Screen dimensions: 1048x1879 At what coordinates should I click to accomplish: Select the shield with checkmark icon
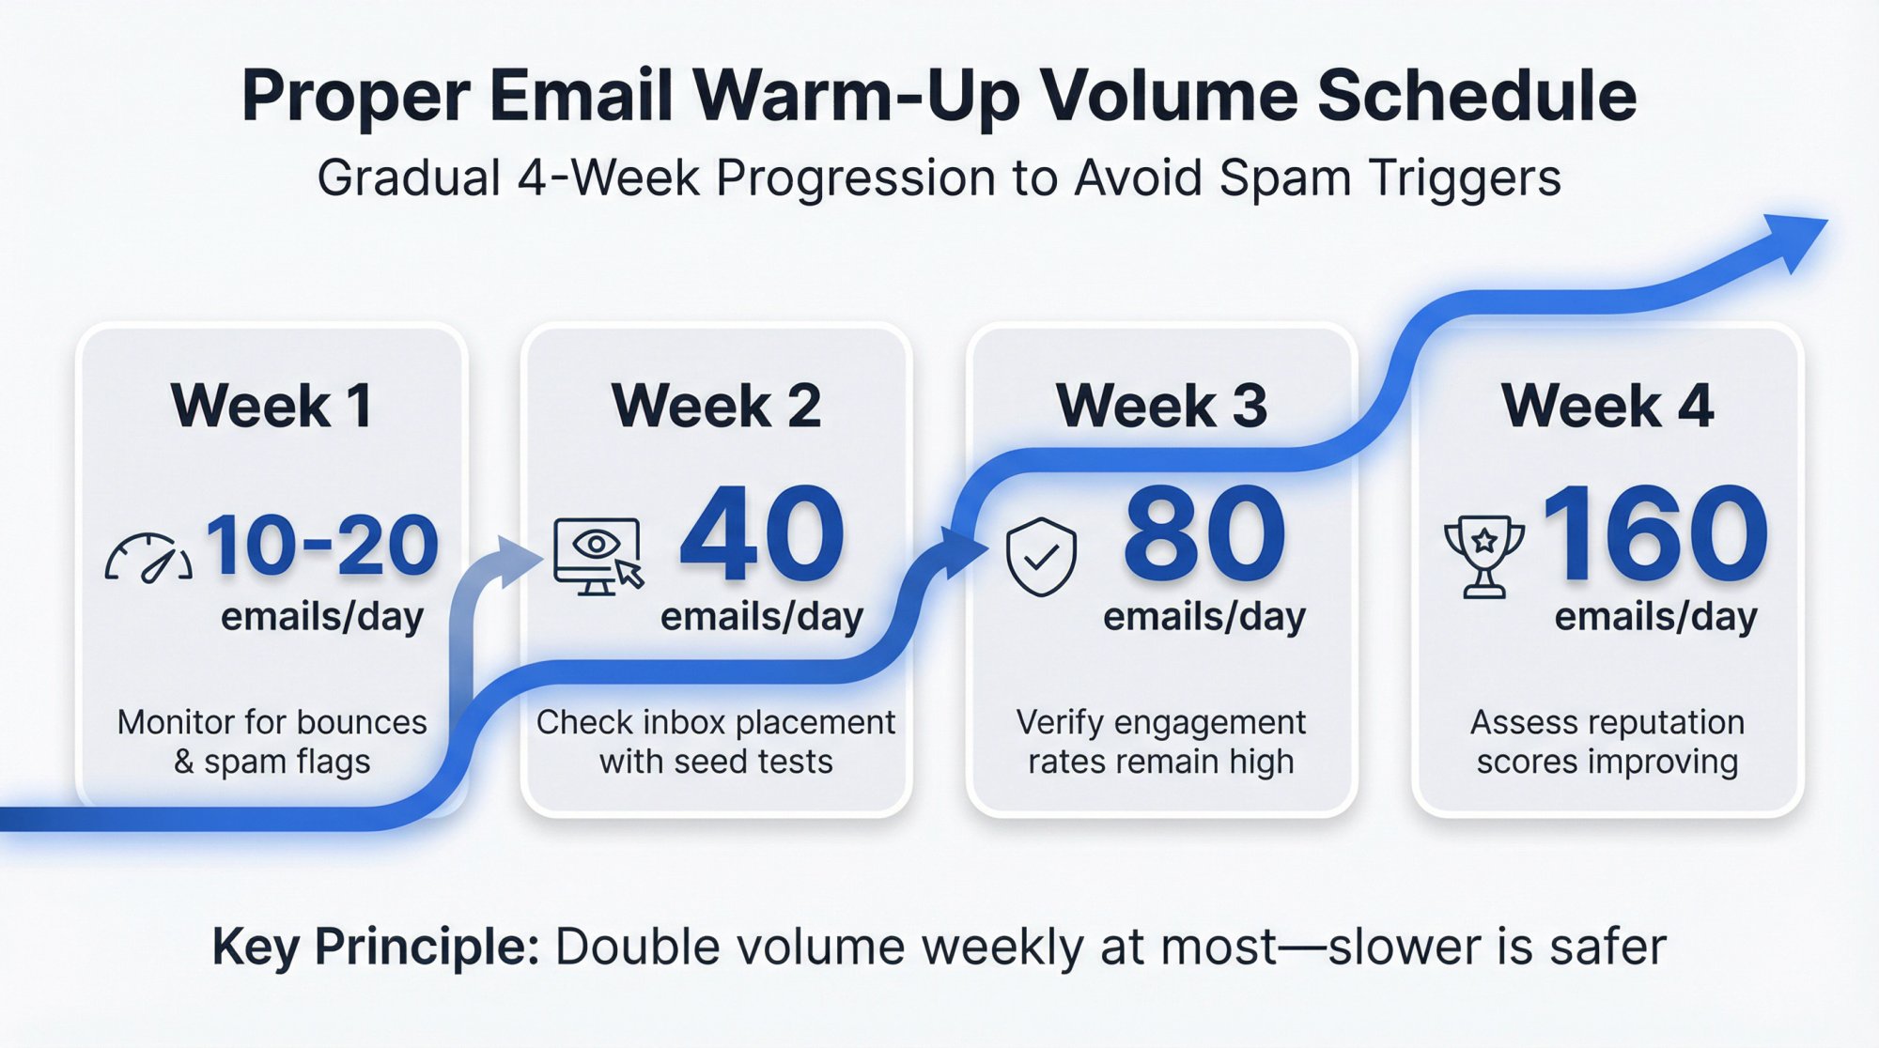tap(1041, 557)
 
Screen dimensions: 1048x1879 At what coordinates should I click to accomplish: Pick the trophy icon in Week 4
tap(1483, 556)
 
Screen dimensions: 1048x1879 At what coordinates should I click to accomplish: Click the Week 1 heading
tap(272, 406)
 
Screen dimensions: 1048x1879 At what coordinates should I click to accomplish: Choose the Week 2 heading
tap(716, 406)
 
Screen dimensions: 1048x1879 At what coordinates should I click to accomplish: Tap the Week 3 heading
tap(1161, 406)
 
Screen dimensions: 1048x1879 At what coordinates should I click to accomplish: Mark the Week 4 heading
tap(1607, 406)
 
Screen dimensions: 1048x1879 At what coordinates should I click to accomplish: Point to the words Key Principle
tap(376, 947)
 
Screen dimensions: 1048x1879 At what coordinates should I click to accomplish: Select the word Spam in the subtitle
tap(1284, 177)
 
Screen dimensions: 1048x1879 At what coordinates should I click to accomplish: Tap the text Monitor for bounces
tap(272, 722)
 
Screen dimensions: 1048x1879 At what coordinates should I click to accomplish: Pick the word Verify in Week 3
tap(1058, 722)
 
